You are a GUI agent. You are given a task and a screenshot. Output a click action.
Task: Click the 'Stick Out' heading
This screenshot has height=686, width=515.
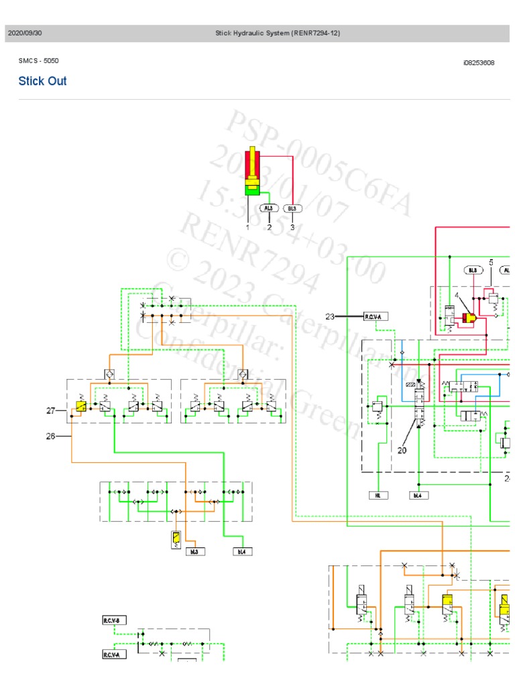pos(42,81)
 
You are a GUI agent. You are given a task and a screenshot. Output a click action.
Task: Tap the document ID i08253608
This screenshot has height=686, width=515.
pos(478,63)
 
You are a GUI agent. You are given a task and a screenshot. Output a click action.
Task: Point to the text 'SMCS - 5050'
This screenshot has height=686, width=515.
pos(38,61)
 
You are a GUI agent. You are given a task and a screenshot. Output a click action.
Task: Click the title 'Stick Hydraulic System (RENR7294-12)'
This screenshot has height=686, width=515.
pos(277,33)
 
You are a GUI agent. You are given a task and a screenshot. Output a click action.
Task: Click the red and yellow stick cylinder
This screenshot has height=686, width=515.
pos(252,171)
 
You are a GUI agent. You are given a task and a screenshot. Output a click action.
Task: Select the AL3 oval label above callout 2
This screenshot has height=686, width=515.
pos(270,208)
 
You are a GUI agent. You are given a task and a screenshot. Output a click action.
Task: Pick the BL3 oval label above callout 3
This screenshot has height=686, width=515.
pos(292,208)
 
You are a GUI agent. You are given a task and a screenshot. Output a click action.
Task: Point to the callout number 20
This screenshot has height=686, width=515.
pos(402,450)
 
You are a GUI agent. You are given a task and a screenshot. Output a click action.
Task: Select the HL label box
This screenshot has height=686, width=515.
pos(378,496)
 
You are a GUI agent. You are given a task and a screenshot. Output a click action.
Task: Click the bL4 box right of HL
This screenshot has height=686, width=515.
pos(418,496)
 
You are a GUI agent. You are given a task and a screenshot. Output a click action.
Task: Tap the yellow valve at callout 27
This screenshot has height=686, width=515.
pos(80,407)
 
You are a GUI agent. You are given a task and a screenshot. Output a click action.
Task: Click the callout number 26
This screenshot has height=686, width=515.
pos(50,436)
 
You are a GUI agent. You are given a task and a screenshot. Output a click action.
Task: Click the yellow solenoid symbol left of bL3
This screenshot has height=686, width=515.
pos(176,539)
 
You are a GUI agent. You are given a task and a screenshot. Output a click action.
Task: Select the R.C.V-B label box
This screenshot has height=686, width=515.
pos(111,620)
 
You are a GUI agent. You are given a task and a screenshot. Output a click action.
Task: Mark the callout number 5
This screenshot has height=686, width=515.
pos(491,263)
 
